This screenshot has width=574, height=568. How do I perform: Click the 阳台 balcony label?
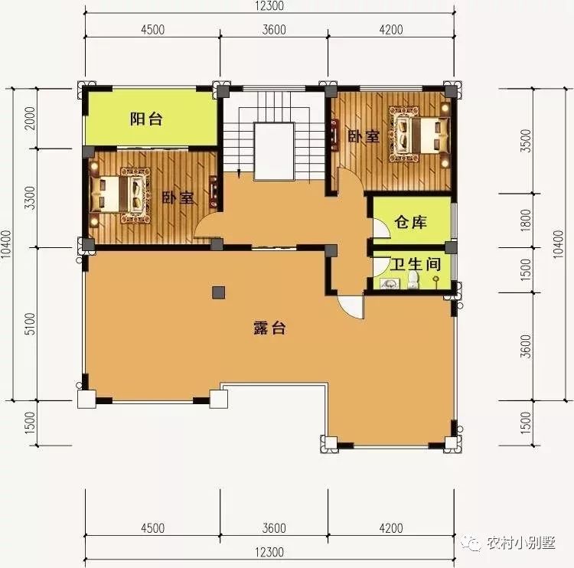pyautogui.click(x=146, y=119)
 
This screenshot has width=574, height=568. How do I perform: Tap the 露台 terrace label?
pyautogui.click(x=269, y=328)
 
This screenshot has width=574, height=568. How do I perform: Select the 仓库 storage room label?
pyautogui.click(x=410, y=222)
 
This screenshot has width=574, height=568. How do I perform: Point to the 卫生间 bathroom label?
pyautogui.click(x=416, y=264)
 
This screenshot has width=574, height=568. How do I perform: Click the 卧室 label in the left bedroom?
pyautogui.click(x=178, y=198)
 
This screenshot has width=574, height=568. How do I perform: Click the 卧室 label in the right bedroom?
pyautogui.click(x=364, y=136)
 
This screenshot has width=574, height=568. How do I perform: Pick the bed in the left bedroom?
pyautogui.click(x=120, y=195)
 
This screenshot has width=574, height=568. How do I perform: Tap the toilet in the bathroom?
pyautogui.click(x=413, y=280)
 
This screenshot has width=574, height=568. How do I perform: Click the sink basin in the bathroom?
pyautogui.click(x=390, y=283)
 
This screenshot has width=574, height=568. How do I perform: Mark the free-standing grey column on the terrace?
pyautogui.click(x=219, y=292)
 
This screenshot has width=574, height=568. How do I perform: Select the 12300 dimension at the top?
pyautogui.click(x=269, y=6)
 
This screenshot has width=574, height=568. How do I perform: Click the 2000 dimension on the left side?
pyautogui.click(x=31, y=118)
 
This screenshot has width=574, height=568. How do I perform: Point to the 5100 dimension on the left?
pyautogui.click(x=31, y=324)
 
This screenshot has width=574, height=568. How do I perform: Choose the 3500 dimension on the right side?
pyautogui.click(x=526, y=141)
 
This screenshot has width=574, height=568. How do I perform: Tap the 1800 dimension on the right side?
pyautogui.click(x=526, y=220)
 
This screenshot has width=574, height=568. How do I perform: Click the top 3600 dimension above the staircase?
pyautogui.click(x=274, y=29)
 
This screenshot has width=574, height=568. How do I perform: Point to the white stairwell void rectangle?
pyautogui.click(x=274, y=152)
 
